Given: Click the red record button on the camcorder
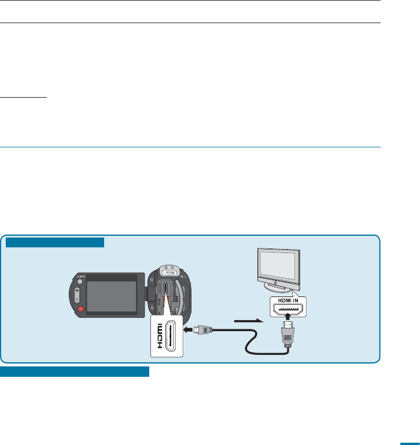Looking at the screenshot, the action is pos(81,309).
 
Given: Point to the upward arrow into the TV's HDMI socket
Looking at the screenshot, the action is pos(288,317).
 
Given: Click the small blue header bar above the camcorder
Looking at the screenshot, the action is pos(55,242).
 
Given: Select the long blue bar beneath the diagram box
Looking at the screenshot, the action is pos(75,370).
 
